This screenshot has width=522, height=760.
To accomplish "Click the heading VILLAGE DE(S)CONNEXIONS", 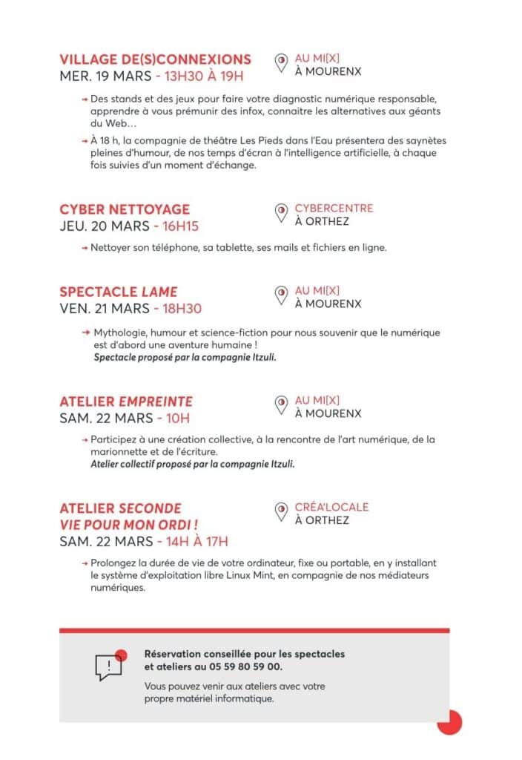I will click(155, 59).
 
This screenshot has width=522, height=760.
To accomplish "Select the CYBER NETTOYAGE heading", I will click(125, 209).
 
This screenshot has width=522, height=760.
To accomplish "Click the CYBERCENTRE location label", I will click(334, 208).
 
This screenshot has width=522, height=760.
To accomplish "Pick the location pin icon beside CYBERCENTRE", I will click(281, 214).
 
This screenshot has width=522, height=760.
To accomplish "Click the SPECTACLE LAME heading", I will click(119, 292).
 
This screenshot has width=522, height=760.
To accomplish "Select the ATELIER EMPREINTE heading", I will click(126, 402).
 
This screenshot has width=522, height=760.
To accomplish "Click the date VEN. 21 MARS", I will click(104, 308).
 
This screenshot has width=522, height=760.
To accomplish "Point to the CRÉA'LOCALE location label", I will click(331, 507).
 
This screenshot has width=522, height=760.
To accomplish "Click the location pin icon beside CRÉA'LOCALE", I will click(281, 512).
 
